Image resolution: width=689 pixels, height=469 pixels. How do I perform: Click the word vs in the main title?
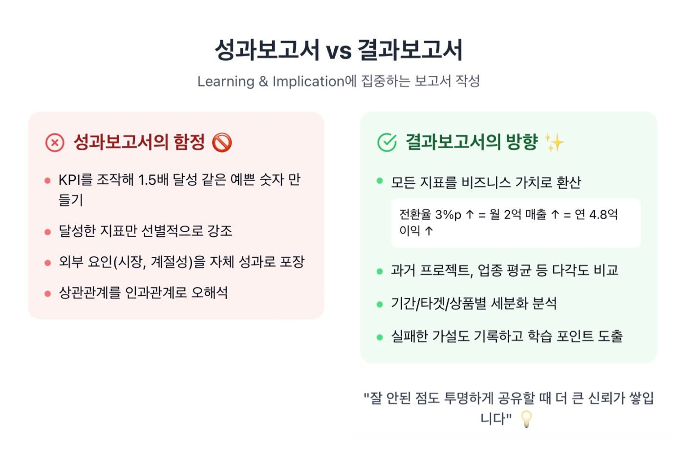[x=338, y=51]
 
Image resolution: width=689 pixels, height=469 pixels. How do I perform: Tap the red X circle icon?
[x=55, y=143]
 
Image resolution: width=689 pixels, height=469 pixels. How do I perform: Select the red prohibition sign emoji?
[x=222, y=143]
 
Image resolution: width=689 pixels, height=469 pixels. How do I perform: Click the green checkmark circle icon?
[x=387, y=143]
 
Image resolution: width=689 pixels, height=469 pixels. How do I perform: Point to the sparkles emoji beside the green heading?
[x=555, y=143]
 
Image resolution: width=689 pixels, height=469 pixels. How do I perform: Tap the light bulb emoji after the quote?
[x=526, y=419]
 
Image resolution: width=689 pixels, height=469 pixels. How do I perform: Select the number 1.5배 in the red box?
[x=153, y=180]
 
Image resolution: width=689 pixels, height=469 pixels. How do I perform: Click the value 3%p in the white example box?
[x=448, y=215]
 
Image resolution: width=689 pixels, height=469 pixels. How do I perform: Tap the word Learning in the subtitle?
[x=226, y=81]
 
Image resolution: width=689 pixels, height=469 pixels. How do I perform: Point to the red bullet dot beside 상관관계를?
[x=47, y=294]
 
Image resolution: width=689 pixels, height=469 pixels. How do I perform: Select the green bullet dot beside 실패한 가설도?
[x=380, y=337]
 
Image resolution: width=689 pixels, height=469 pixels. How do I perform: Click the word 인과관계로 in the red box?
[x=156, y=292]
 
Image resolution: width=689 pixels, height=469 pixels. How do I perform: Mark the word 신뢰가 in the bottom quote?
[x=606, y=398]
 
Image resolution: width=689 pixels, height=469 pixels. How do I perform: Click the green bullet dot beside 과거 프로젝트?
[x=380, y=271]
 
